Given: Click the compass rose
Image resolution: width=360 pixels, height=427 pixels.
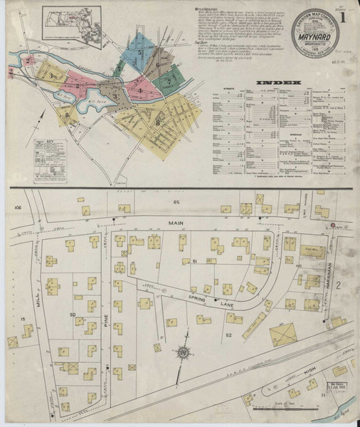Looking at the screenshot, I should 184,352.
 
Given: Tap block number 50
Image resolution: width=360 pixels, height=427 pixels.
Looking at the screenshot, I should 72,314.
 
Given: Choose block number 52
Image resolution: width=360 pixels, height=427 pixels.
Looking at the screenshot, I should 228,334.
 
